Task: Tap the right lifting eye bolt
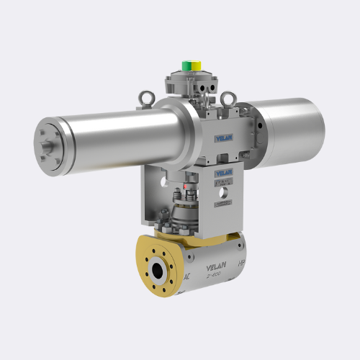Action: pyautogui.click(x=228, y=98)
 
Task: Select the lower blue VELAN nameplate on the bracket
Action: pyautogui.click(x=225, y=173)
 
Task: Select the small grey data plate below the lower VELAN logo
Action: pyautogui.click(x=225, y=186)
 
